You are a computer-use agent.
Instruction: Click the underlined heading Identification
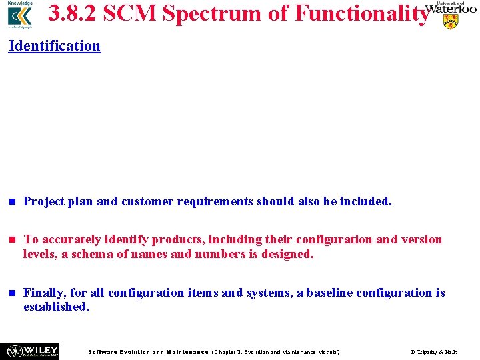[x=54, y=46]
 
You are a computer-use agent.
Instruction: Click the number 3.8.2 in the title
[x=73, y=13]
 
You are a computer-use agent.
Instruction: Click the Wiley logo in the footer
[x=32, y=351]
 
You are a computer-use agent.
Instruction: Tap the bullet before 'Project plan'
[x=11, y=201]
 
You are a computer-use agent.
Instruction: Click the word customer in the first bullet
[x=147, y=201]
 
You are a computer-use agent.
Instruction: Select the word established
[x=56, y=307]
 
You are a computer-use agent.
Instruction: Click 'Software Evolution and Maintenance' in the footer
[x=148, y=351]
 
